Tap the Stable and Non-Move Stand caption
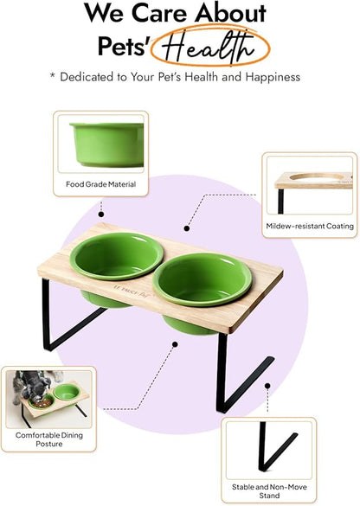[x=267, y=491]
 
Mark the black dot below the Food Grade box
[x=101, y=214]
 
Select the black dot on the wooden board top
[x=187, y=228]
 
